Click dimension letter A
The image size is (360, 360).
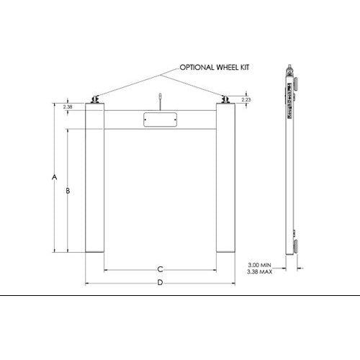pyautogui.click(x=55, y=176)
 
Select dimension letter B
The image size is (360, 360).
pyautogui.click(x=68, y=191)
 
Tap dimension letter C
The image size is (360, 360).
pyautogui.click(x=160, y=269)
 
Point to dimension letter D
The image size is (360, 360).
pyautogui.click(x=160, y=282)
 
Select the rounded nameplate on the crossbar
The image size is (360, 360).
pyautogui.click(x=160, y=120)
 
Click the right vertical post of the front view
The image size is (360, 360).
pyautogui.click(x=225, y=180)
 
